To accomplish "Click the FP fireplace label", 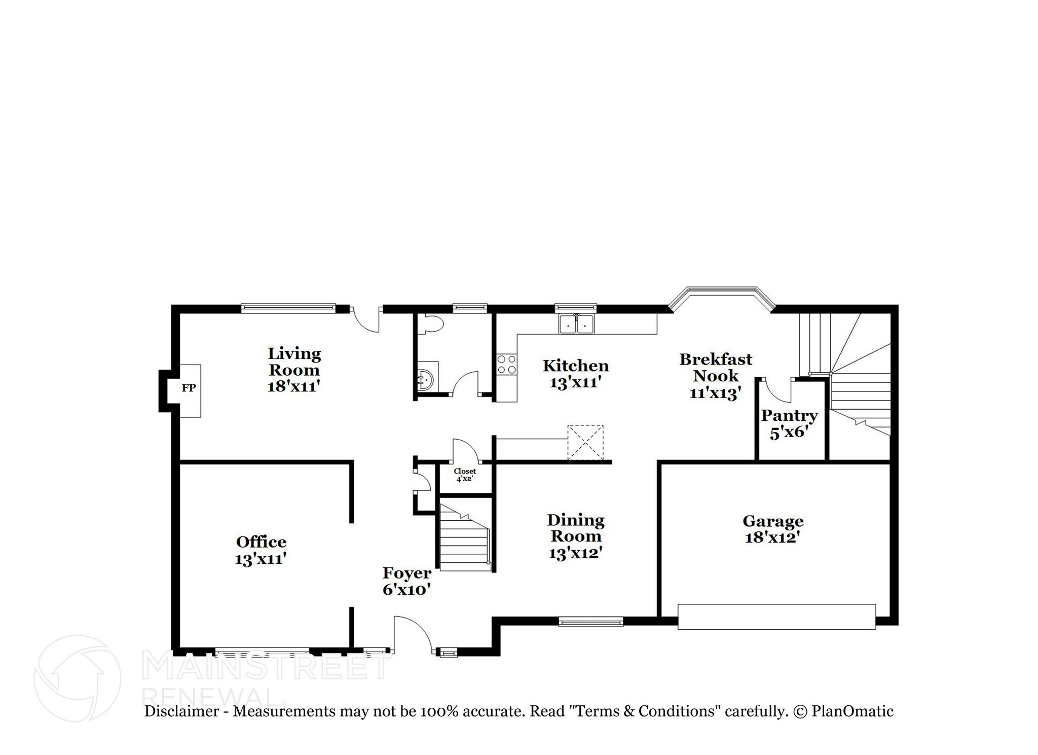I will coord(189,388).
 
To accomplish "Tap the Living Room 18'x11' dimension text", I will coord(294,386).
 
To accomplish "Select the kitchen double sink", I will coord(576,324).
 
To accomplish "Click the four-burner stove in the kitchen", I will coord(506,365).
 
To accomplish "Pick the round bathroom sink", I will coord(426,378).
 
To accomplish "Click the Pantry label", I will coord(789,416).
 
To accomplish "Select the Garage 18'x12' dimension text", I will coord(772,537).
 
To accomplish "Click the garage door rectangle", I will coord(776,617).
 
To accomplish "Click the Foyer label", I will coord(406,573).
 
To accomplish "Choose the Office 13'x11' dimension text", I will coord(261,559).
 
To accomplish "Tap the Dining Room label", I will coord(576,528).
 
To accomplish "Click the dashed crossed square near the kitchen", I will coord(585,443).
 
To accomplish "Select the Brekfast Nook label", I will coord(716,367).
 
